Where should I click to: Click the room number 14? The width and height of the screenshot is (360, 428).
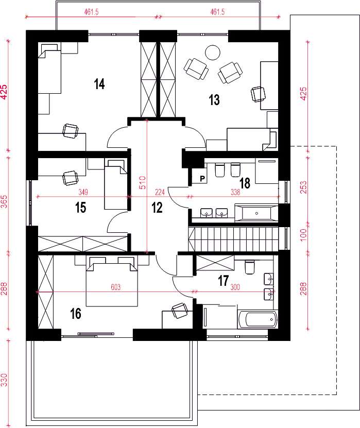(x=99, y=84)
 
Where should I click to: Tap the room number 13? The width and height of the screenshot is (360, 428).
(x=214, y=99)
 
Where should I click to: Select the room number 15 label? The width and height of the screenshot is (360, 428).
(x=80, y=208)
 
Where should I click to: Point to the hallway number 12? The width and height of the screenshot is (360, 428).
(x=157, y=208)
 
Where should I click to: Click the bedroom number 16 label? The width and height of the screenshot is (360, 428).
(x=76, y=314)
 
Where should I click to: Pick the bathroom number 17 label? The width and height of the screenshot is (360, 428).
(x=223, y=281)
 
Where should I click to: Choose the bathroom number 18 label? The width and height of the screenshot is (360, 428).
(x=245, y=183)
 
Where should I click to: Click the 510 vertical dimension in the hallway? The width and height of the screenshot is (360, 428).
(x=143, y=183)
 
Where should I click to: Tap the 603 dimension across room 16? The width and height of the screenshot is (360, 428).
(x=116, y=287)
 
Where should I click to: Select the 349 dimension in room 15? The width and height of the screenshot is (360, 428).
(x=83, y=192)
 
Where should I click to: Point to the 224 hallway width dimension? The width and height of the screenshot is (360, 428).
(x=160, y=192)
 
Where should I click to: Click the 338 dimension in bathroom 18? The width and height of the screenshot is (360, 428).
(x=235, y=192)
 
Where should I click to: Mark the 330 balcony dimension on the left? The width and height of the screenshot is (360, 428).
(x=4, y=380)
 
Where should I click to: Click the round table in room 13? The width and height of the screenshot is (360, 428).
(x=213, y=53)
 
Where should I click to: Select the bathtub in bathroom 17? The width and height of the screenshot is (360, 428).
(x=258, y=319)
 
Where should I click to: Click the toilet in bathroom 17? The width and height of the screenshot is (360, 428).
(x=250, y=267)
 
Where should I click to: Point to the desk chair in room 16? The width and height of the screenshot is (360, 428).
(x=180, y=311)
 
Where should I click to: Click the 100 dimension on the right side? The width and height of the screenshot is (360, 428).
(x=303, y=234)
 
